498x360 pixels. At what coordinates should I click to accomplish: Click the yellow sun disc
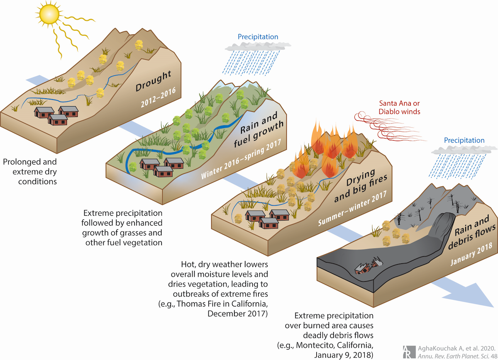[x=49, y=14]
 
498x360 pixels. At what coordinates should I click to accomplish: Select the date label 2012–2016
[x=158, y=97]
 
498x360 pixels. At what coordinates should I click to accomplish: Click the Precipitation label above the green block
[x=258, y=36]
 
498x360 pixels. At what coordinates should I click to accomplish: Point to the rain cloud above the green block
[x=258, y=46]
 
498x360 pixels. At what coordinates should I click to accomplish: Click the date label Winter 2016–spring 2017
[x=241, y=159]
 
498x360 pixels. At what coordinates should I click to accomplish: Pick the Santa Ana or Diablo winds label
[x=399, y=107]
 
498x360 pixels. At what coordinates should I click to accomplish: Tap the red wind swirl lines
[x=389, y=126]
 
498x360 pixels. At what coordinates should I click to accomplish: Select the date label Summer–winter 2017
[x=353, y=208]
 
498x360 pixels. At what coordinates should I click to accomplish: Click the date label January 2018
[x=471, y=254]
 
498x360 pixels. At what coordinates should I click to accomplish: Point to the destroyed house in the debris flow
[x=368, y=265]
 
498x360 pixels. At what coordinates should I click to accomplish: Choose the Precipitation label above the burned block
[x=464, y=140]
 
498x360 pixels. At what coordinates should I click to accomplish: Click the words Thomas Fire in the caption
[x=198, y=304]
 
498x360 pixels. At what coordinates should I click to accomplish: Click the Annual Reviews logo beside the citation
[x=409, y=352]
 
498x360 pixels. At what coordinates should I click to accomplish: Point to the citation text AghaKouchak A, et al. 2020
[x=456, y=348]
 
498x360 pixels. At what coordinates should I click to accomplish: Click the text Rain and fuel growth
[x=259, y=129]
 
